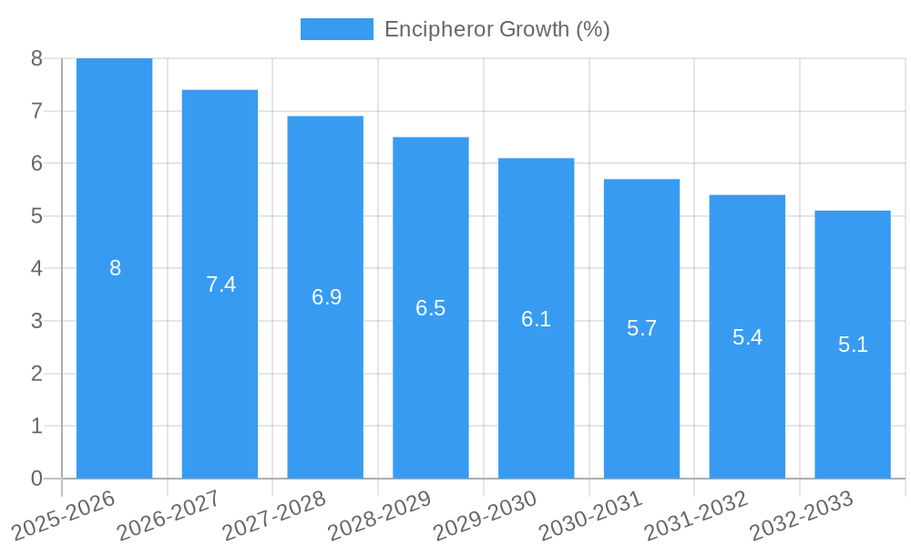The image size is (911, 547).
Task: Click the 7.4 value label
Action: pyautogui.click(x=220, y=284)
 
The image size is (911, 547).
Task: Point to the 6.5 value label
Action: pyautogui.click(x=430, y=308)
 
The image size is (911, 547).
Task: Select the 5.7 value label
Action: pyautogui.click(x=641, y=329)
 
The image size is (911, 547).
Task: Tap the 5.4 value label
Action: pyautogui.click(x=747, y=337)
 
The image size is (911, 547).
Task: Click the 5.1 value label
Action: pyautogui.click(x=853, y=346)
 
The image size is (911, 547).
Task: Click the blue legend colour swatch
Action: pyautogui.click(x=336, y=29)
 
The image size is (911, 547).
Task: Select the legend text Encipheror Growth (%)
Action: pyautogui.click(x=496, y=29)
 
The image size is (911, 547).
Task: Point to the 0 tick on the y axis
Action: pyautogui.click(x=36, y=479)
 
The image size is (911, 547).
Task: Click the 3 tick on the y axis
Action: pyautogui.click(x=36, y=321)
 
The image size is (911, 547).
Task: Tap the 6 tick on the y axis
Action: pyautogui.click(x=36, y=164)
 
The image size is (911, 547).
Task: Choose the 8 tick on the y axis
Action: pyautogui.click(x=36, y=58)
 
